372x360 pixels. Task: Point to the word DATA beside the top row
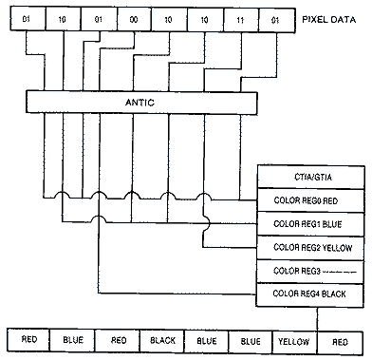[341, 19]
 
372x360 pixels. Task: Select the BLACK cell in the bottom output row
[159, 339]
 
